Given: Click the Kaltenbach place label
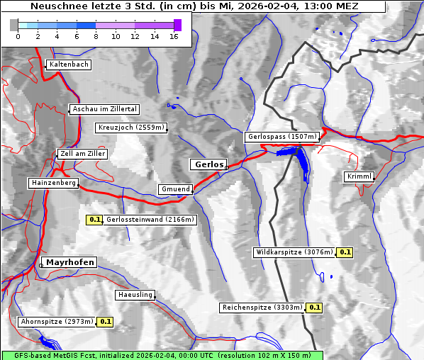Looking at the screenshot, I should [69, 64].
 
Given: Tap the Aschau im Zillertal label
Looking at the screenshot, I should [105, 109].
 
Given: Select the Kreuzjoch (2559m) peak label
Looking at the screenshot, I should [131, 128].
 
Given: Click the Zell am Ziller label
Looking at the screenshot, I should [83, 154].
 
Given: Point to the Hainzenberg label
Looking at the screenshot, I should [53, 183].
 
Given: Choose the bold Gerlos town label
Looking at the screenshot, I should [208, 164].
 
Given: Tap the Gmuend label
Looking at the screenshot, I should [175, 189].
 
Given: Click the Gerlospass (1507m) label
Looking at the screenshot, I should [281, 137].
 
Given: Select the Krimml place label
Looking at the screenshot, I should [359, 176].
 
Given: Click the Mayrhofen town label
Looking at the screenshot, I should [69, 262].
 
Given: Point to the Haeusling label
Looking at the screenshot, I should [135, 295].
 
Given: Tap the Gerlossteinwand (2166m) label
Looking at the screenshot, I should [150, 220].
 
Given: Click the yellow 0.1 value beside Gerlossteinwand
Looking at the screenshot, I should [94, 220].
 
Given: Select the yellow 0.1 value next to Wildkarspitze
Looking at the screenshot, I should [345, 252].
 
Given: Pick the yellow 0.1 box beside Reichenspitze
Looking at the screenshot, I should [315, 308].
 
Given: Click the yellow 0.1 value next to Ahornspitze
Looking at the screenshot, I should [105, 322].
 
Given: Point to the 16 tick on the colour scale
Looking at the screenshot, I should [173, 36].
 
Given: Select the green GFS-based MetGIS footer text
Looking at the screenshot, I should [162, 355].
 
